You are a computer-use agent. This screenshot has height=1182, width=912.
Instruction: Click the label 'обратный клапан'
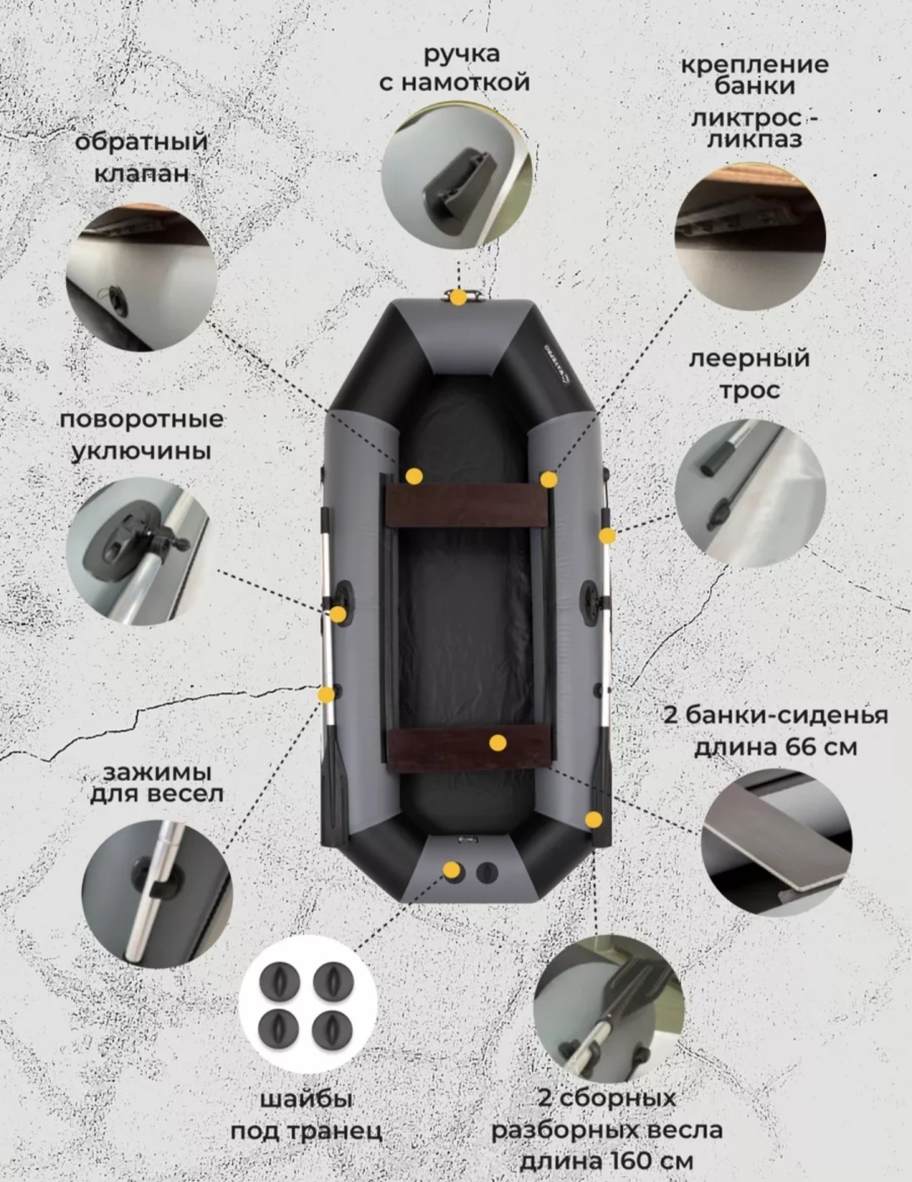pos(141,157)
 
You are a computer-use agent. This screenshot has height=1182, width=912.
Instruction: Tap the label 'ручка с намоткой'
pos(454,68)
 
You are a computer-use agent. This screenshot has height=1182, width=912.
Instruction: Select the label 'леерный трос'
pos(750,374)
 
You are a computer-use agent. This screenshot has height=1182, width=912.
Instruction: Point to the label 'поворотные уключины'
pos(141,435)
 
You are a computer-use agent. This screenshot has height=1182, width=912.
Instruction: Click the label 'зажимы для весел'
pos(156,784)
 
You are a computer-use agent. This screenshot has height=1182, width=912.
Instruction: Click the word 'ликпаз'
pos(755,139)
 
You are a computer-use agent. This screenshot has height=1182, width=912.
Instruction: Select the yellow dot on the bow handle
pos(459,297)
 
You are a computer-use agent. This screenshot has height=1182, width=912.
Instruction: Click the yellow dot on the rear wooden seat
pos(498,743)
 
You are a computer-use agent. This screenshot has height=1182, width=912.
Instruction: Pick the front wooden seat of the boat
pos(468,505)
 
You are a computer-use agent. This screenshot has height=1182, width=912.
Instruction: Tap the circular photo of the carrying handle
pos(457,176)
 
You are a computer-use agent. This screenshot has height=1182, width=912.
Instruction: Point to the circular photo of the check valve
pos(141,278)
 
